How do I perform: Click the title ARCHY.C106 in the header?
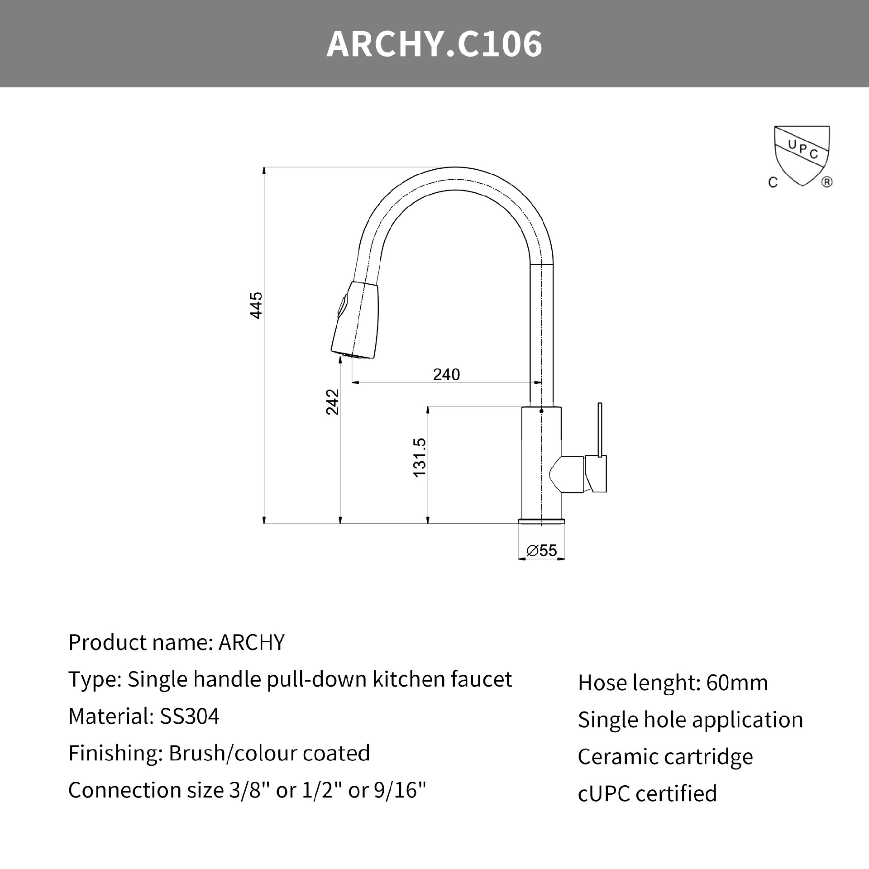434,44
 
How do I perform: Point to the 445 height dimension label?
256,306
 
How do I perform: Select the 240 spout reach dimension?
446,375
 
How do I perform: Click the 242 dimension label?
333,401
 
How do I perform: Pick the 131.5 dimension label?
420,457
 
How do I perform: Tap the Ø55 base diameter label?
542,550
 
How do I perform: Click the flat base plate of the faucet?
541,521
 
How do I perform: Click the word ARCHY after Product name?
252,642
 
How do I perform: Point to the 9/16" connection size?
400,790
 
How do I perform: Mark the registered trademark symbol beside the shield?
826,182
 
